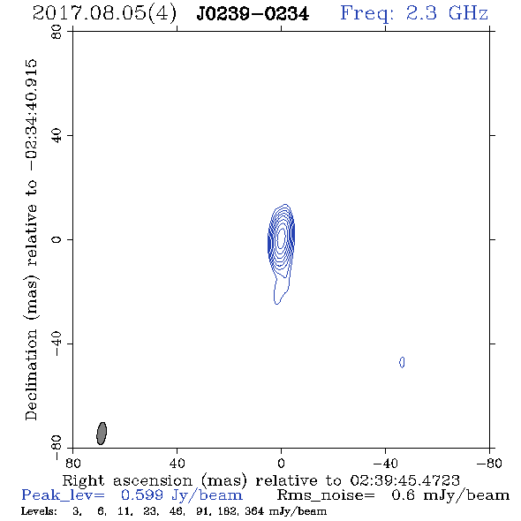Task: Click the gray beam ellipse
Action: (102, 434)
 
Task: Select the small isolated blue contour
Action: (402, 362)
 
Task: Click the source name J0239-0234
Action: (253, 13)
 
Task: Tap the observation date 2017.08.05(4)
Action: (105, 13)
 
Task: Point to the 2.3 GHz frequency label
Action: (447, 13)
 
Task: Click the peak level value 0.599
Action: (142, 495)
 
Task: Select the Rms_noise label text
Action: (326, 495)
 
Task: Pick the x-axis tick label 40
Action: (177, 463)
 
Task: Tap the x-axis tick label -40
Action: (385, 463)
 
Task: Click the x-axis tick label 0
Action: (281, 463)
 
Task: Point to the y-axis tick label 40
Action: (57, 136)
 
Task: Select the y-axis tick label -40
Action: (57, 344)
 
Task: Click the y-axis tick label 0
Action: (57, 239)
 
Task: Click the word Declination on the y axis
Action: (31, 374)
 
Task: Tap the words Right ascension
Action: (127, 480)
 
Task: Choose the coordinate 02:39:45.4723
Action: (405, 480)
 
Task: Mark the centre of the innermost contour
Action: (281, 237)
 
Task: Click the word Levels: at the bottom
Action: (39, 510)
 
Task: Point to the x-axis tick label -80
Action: (489, 463)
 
